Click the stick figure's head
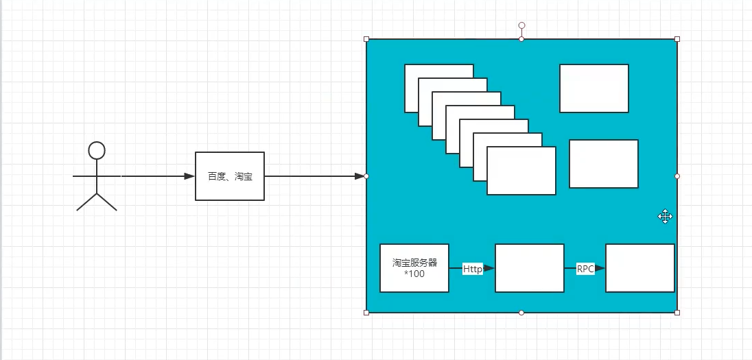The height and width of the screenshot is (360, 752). coord(97,150)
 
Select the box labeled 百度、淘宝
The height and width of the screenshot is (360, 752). coord(230,176)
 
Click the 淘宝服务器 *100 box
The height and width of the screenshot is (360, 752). coord(414,267)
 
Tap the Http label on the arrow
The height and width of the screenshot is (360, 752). coord(472,269)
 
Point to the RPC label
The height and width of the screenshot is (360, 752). coord(585,269)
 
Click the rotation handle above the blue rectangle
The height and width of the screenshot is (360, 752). coord(521,25)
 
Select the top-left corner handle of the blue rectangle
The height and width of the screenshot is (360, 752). coord(366,39)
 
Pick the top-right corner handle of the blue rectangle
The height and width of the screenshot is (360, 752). coord(677,39)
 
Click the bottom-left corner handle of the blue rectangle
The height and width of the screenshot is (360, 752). coord(366,313)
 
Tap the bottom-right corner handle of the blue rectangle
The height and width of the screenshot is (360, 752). coord(677,313)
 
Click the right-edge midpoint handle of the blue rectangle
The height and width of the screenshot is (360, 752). coord(677,176)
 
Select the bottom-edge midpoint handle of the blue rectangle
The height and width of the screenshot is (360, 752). coord(521,313)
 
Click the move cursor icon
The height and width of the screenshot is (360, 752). coord(665,217)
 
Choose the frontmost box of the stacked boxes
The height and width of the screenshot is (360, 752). coord(521,171)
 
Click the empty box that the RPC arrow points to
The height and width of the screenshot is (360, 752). coord(639,267)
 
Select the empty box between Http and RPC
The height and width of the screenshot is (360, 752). coord(530,267)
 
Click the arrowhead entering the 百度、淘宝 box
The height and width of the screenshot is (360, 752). coord(190,176)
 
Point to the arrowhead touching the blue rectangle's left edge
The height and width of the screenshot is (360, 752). coord(360,176)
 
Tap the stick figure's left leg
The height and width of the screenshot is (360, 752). coord(86,202)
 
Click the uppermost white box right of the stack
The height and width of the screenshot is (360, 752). coord(594,88)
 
